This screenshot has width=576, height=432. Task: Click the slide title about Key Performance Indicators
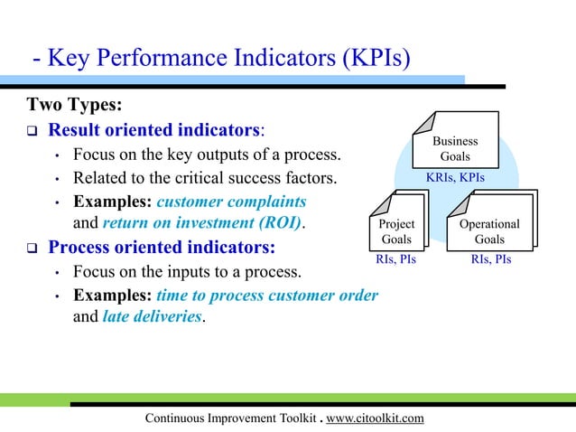221,60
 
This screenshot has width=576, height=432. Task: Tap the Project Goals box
396,231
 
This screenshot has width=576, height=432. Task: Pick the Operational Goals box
489,231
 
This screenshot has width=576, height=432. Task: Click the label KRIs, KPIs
455,178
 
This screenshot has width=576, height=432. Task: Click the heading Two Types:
74,104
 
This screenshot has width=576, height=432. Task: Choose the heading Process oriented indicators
162,247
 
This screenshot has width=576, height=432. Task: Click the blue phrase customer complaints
231,201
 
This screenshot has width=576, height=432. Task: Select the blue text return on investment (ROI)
203,223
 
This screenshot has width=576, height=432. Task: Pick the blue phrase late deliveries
152,317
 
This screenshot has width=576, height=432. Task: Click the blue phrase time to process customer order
267,295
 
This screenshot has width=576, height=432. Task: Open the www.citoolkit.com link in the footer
374,418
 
